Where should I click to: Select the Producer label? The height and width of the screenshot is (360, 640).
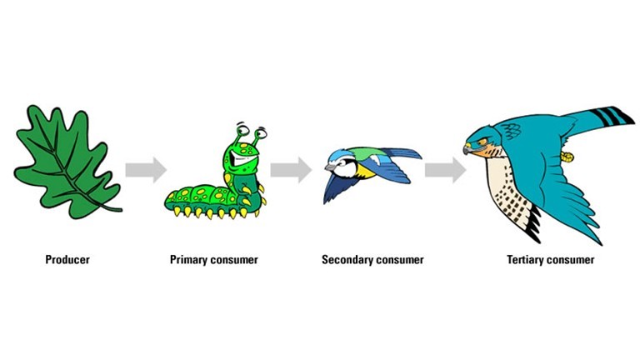pyautogui.click(x=67, y=260)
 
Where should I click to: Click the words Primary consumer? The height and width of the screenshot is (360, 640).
pyautogui.click(x=214, y=260)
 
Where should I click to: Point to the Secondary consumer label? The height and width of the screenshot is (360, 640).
pyautogui.click(x=372, y=260)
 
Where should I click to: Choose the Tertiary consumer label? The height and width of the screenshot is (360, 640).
pyautogui.click(x=550, y=260)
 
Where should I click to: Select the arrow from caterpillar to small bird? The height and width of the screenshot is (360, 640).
pyautogui.click(x=291, y=170)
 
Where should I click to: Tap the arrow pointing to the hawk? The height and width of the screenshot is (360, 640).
pyautogui.click(x=445, y=170)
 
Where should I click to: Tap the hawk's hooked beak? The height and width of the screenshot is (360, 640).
pyautogui.click(x=468, y=148)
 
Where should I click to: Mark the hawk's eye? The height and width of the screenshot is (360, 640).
pyautogui.click(x=481, y=142)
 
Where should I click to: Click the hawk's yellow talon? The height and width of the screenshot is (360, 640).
pyautogui.click(x=570, y=154)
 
